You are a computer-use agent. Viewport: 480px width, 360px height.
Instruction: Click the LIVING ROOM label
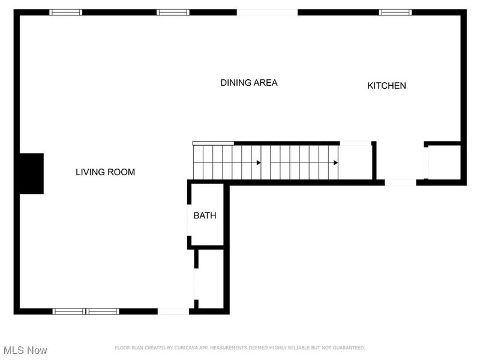[106, 172]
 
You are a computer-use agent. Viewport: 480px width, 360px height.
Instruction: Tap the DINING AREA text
[249, 83]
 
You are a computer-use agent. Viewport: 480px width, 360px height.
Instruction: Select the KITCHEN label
[386, 86]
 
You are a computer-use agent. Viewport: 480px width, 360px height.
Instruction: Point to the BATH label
[205, 215]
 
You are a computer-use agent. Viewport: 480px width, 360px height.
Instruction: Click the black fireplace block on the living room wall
[32, 173]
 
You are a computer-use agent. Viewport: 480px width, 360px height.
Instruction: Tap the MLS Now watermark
[25, 350]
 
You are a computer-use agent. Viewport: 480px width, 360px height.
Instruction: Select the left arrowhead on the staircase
[259, 163]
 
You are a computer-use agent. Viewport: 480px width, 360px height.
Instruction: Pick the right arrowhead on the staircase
[336, 163]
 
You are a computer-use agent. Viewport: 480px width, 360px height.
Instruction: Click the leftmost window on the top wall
[66, 12]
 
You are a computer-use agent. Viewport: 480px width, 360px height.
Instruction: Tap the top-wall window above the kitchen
[395, 12]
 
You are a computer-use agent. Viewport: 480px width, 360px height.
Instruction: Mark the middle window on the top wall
[173, 12]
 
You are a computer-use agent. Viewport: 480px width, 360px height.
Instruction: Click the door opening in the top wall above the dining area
[267, 12]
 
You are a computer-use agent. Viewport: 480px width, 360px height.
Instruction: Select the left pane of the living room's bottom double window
[69, 311]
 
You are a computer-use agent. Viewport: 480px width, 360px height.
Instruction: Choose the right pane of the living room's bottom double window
[103, 311]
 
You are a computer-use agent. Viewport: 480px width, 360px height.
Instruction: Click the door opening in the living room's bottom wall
[173, 311]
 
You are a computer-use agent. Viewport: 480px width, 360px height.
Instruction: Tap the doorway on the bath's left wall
[189, 220]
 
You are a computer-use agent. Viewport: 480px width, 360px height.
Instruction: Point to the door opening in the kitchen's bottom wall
[400, 183]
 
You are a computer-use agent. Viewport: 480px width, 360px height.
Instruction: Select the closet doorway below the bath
[196, 284]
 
